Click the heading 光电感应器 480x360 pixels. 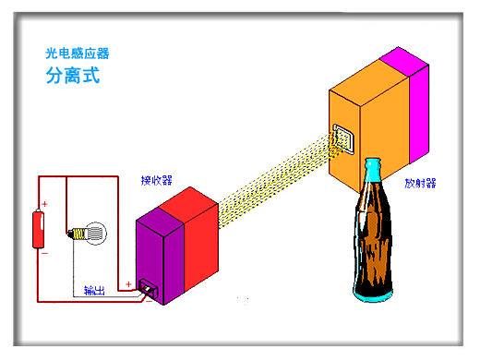click(x=83, y=55)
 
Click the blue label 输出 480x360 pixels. click(x=94, y=291)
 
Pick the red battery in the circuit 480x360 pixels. click(x=38, y=228)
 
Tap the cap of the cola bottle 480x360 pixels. click(x=373, y=165)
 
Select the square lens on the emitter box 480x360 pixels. click(x=342, y=139)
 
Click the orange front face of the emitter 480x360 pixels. click(x=369, y=111)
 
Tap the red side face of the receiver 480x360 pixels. click(x=199, y=245)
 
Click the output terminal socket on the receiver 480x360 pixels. click(x=148, y=294)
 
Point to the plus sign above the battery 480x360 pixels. click(x=43, y=204)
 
